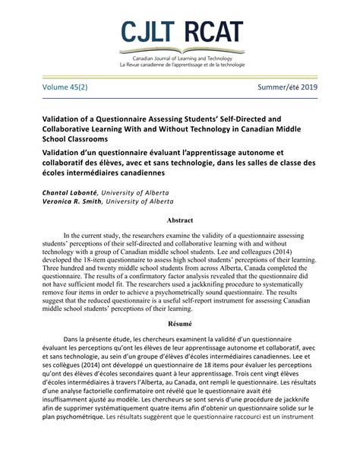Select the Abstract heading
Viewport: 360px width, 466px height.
click(x=179, y=221)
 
